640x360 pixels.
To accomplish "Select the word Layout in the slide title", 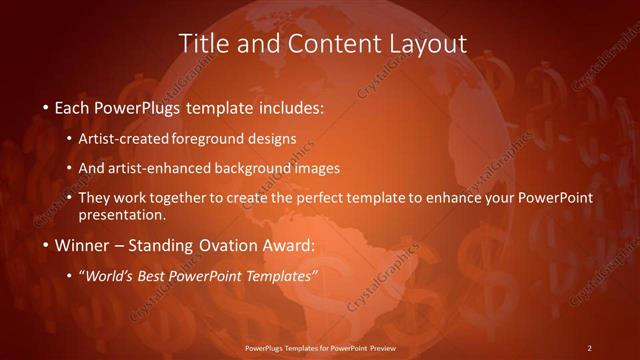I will tap(427, 43).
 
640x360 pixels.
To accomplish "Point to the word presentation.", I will tap(129, 214).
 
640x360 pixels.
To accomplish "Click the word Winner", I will tap(82, 244).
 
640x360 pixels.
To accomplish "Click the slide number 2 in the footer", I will tap(589, 348).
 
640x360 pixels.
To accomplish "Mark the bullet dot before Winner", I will tap(46, 245).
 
